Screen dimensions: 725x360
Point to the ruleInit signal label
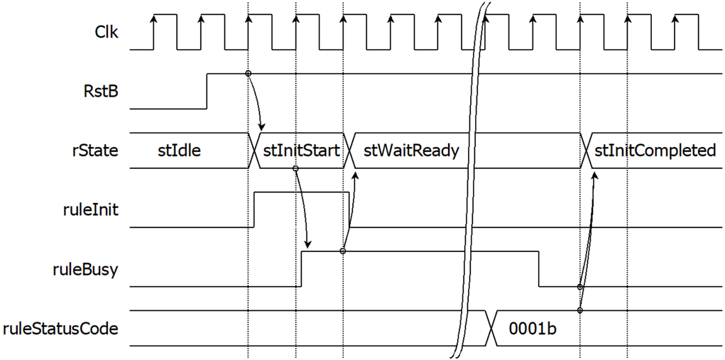click(x=92, y=210)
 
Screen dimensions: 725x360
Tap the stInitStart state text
click(x=302, y=151)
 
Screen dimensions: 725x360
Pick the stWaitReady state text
click(x=411, y=151)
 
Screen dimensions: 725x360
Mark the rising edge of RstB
click(x=207, y=91)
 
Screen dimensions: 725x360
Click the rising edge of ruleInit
click(x=254, y=209)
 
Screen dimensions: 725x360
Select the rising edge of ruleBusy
click(x=302, y=269)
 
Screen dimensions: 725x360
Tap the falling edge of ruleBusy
click(x=539, y=269)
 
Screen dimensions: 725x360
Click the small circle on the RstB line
click(x=249, y=73)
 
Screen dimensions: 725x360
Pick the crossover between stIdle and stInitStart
click(x=255, y=151)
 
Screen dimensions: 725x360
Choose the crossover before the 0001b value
click(x=491, y=328)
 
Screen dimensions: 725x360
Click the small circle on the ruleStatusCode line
click(x=580, y=310)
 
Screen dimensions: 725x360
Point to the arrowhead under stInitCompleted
click(x=595, y=176)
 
